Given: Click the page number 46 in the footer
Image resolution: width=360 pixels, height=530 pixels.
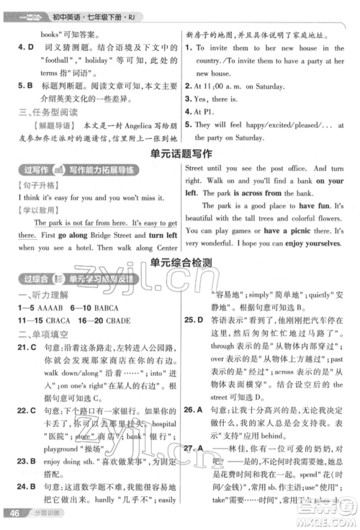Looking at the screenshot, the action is (x=13, y=512).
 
